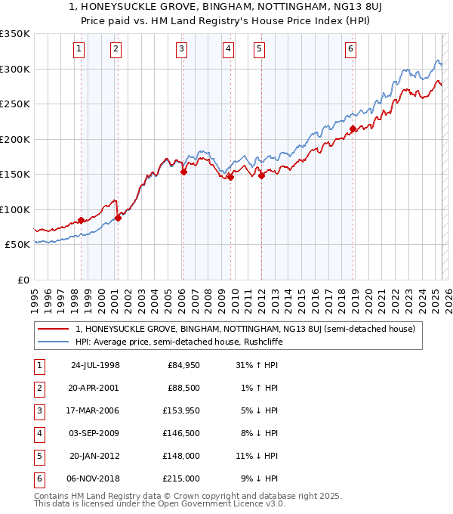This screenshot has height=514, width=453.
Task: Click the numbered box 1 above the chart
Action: tap(79, 50)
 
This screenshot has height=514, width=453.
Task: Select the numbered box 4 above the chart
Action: tap(227, 50)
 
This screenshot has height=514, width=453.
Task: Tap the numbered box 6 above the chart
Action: tap(351, 50)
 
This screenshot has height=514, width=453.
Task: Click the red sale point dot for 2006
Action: tap(183, 172)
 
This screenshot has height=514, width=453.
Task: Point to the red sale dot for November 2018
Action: tap(353, 129)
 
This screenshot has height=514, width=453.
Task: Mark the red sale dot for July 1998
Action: tap(81, 220)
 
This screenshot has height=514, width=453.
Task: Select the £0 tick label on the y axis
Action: tap(23, 280)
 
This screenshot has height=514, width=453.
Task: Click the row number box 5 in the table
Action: tap(39, 456)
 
